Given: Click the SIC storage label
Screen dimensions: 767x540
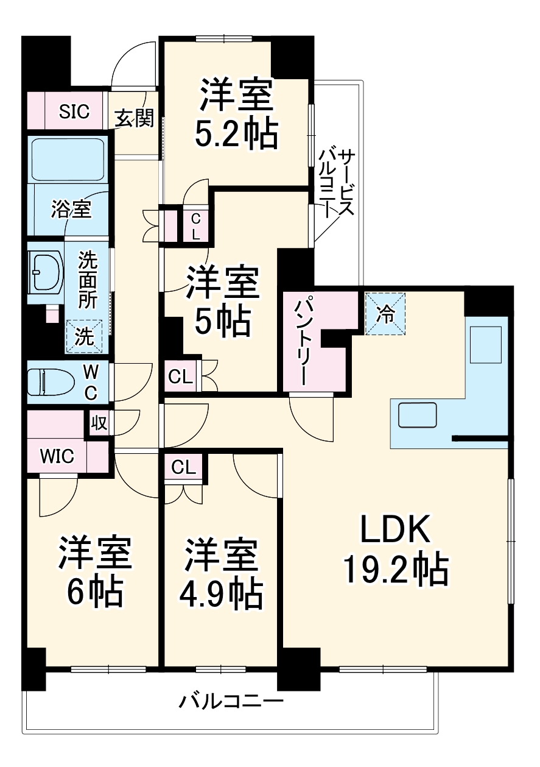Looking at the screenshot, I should [74, 111].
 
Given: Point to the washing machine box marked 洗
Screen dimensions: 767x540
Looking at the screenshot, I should [84, 336].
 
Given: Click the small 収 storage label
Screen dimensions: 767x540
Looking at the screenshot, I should [99, 422].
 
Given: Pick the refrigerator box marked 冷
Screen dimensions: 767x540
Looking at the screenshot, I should [385, 313].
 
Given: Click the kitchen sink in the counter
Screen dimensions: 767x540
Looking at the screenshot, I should [418, 415].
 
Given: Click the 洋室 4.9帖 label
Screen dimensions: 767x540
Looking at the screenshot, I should [222, 573].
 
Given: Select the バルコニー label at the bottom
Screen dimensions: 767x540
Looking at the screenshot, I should [231, 702].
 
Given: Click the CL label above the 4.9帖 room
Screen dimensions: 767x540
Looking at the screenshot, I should [183, 468].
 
